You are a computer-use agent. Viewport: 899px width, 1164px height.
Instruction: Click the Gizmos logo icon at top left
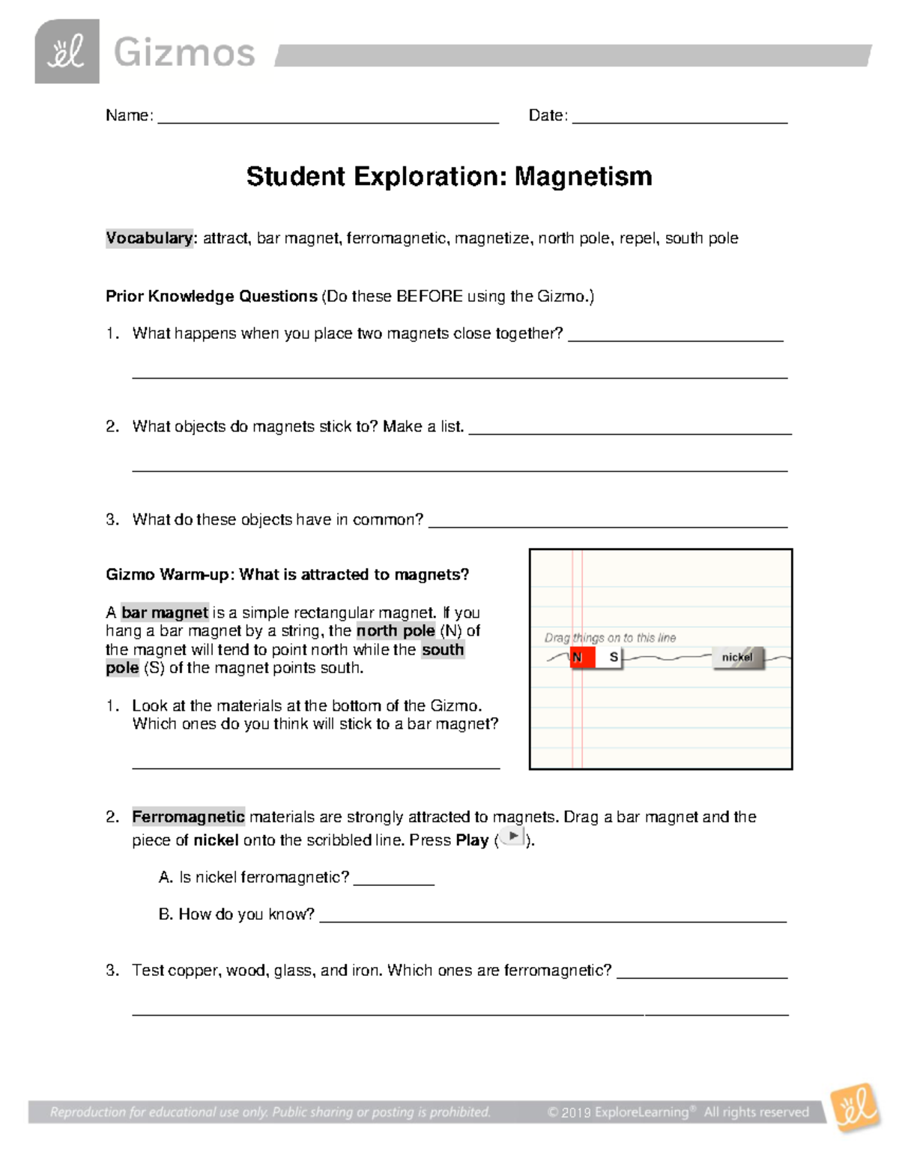pyautogui.click(x=67, y=52)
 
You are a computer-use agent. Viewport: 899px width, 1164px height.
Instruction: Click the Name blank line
pyautogui.click(x=327, y=118)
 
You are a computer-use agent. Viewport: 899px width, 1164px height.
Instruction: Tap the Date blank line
pyautogui.click(x=679, y=118)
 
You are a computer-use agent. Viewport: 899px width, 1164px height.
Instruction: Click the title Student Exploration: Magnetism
pyautogui.click(x=449, y=177)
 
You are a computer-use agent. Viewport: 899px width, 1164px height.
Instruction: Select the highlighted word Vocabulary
pyautogui.click(x=149, y=238)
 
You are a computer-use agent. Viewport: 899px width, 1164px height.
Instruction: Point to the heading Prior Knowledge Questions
pyautogui.click(x=211, y=296)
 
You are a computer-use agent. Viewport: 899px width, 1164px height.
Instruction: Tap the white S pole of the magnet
pyautogui.click(x=611, y=658)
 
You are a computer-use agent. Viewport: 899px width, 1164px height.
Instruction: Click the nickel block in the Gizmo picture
pyautogui.click(x=738, y=657)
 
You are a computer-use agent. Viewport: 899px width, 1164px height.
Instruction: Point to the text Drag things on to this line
pyautogui.click(x=610, y=638)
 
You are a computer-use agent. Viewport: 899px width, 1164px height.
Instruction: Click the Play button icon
pyautogui.click(x=512, y=837)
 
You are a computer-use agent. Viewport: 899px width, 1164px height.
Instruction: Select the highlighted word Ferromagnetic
pyautogui.click(x=188, y=817)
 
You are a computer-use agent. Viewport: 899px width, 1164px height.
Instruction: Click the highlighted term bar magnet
pyautogui.click(x=165, y=613)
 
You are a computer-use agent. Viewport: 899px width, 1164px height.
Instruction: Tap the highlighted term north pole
pyautogui.click(x=396, y=631)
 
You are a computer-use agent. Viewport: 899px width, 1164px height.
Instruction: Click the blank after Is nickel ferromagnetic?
pyautogui.click(x=393, y=881)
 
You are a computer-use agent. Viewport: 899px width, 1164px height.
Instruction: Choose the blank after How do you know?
pyautogui.click(x=553, y=918)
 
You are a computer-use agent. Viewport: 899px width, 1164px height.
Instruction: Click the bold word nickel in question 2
pyautogui.click(x=216, y=840)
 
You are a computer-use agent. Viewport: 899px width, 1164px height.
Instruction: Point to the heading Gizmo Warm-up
pyautogui.click(x=287, y=575)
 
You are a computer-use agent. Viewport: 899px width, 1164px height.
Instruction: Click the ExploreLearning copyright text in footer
pyautogui.click(x=677, y=1112)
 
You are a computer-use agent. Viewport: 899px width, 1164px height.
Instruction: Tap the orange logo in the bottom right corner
pyautogui.click(x=856, y=1107)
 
